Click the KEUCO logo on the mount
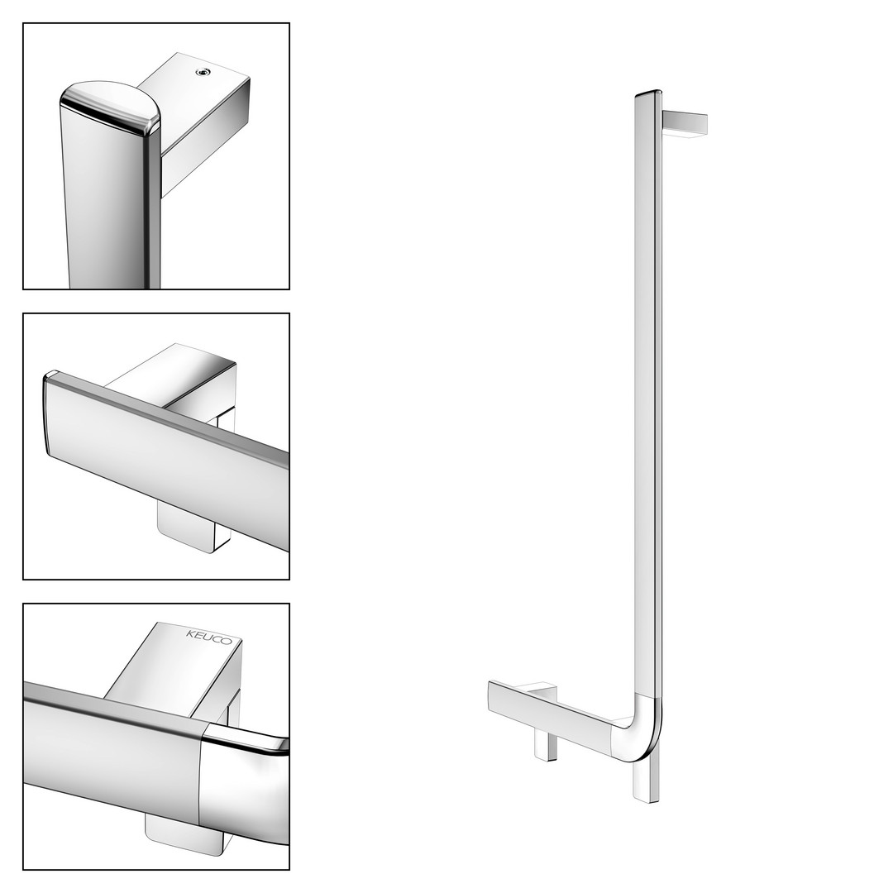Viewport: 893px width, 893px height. [209, 638]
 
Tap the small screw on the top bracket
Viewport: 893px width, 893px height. [203, 72]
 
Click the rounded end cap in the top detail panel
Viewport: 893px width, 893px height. [111, 108]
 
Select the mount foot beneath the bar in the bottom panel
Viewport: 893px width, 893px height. [181, 833]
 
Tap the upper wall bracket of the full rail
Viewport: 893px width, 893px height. [685, 123]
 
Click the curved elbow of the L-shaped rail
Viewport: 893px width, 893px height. [642, 729]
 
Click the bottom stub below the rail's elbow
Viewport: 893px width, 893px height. [646, 781]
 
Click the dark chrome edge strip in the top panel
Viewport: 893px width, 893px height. [151, 211]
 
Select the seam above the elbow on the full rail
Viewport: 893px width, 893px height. [648, 696]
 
